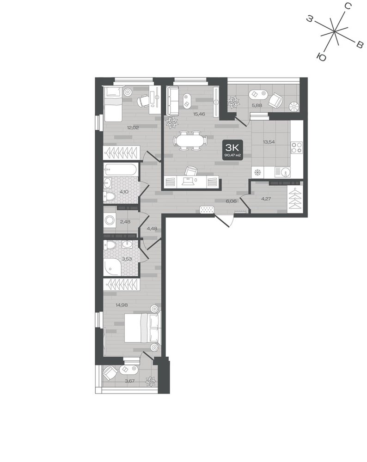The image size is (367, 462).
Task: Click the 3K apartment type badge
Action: click(x=233, y=149)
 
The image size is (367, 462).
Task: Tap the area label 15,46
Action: click(x=199, y=114)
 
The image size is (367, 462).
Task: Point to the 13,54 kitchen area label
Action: click(x=269, y=142)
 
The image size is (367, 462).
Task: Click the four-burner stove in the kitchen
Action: click(x=296, y=147)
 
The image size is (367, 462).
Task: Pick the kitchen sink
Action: click(x=282, y=172)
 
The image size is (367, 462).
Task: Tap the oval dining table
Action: click(x=190, y=140)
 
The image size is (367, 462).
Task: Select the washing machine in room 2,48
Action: click(x=110, y=219)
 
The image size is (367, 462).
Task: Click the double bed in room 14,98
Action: click(x=143, y=328)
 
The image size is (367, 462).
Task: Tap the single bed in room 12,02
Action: click(x=112, y=103)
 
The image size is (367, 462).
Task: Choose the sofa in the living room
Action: click(x=172, y=100)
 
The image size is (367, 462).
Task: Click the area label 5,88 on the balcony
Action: click(x=257, y=104)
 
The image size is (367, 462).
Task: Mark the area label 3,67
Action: click(x=129, y=381)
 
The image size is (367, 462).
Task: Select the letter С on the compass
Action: click(x=348, y=6)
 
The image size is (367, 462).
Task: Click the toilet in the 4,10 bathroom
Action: click(x=108, y=196)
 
